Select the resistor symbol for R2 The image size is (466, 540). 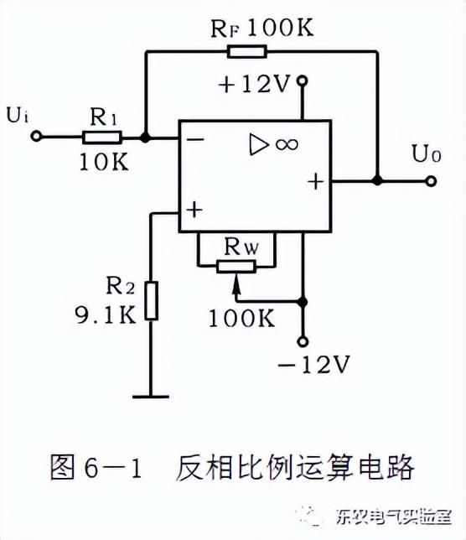(x=150, y=301)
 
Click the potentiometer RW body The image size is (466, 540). (x=236, y=267)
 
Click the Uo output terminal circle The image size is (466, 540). (x=431, y=180)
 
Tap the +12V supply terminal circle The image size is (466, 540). (x=303, y=81)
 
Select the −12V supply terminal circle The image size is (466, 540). (x=303, y=340)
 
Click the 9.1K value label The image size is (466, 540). (x=104, y=316)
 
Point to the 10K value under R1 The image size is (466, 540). (x=103, y=163)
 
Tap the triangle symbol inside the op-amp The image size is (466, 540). (x=257, y=144)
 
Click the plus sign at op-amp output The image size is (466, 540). (x=316, y=180)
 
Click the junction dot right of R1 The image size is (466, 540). (x=146, y=138)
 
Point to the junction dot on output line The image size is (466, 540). (x=377, y=180)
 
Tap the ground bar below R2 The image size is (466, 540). (x=150, y=393)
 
